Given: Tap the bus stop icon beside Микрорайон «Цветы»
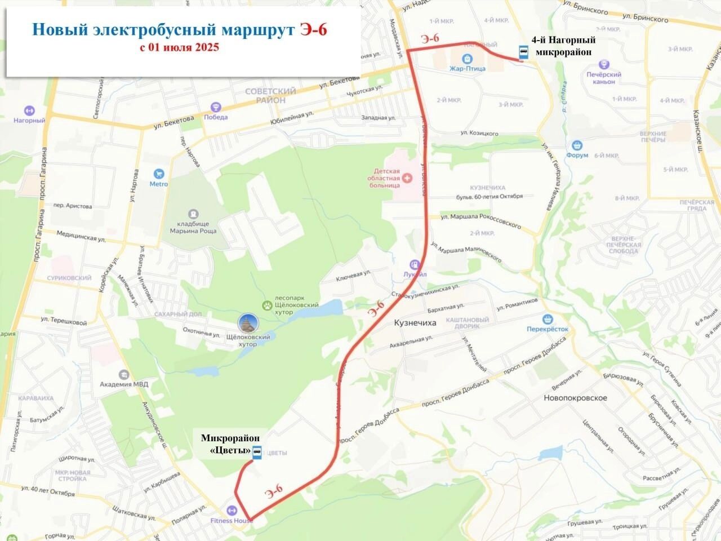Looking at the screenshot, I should click(257, 453).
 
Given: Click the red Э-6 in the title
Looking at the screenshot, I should click(313, 29).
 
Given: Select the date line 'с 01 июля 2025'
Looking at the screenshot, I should click(180, 47).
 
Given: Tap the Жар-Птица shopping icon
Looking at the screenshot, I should click(467, 59).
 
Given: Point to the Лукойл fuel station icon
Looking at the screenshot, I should click(415, 264).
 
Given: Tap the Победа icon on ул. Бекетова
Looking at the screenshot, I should click(215, 107).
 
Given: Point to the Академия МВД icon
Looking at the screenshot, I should click(123, 375).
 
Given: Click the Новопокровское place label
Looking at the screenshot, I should click(575, 398).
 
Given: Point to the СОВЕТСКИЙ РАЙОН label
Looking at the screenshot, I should click(270, 95).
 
